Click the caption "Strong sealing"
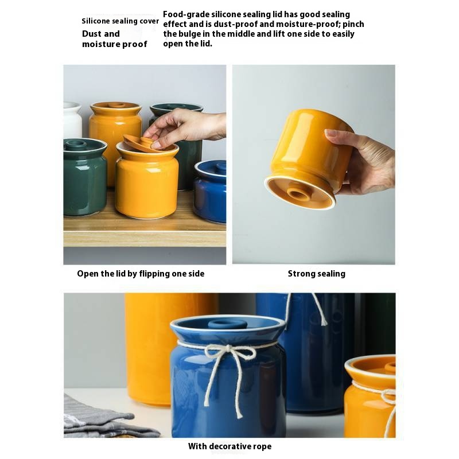click(317, 274)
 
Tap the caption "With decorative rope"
click(230, 446)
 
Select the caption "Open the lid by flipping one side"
click(141, 274)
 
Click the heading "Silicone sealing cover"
click(120, 21)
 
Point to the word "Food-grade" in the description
click(186, 14)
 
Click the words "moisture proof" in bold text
click(114, 44)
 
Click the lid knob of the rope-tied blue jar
click(227, 324)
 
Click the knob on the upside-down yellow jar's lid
click(298, 194)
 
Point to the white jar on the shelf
click(72, 119)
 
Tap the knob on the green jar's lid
click(76, 144)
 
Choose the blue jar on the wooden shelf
click(211, 191)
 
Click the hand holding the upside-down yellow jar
click(363, 161)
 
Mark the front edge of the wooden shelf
click(145, 239)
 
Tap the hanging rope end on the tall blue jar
click(320, 310)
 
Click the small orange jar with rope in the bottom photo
click(370, 396)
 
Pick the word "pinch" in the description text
click(353, 24)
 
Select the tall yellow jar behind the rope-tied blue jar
click(158, 348)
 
